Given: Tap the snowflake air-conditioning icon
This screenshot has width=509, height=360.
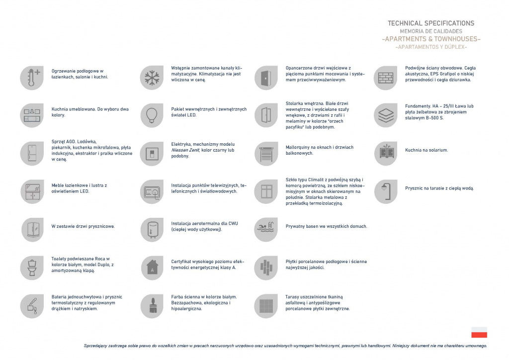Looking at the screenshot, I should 152,78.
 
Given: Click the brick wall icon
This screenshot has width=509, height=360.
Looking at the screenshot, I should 385,78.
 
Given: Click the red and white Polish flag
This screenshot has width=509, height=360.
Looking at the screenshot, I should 479,333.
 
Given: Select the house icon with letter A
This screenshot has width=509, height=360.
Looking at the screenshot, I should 152,268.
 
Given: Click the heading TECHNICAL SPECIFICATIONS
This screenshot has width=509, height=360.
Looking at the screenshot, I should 430,23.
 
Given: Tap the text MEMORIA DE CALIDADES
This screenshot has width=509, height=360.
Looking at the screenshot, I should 430,31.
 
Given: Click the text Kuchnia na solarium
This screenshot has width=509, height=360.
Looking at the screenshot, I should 426,150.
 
